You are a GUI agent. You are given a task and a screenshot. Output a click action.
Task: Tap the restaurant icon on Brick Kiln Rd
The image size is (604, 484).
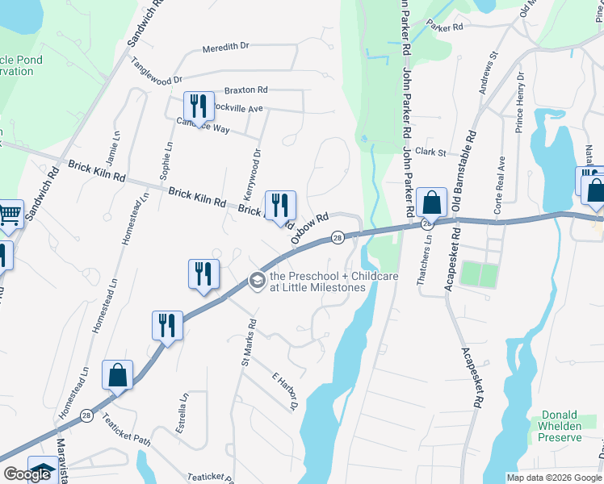(x=280, y=206)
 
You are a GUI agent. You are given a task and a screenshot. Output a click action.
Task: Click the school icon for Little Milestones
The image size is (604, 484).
(x=257, y=281)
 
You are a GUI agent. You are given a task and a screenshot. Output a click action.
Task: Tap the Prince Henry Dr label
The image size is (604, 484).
(x=518, y=102)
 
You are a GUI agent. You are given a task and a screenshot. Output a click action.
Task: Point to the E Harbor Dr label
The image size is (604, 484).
(x=285, y=391)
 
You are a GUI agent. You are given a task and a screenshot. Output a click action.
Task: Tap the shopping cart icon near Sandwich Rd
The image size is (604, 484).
(x=10, y=214)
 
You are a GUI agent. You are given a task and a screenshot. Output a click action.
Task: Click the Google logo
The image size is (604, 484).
(x=27, y=475)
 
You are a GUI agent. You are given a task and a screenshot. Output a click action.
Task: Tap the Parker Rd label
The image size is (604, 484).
(x=446, y=27)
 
